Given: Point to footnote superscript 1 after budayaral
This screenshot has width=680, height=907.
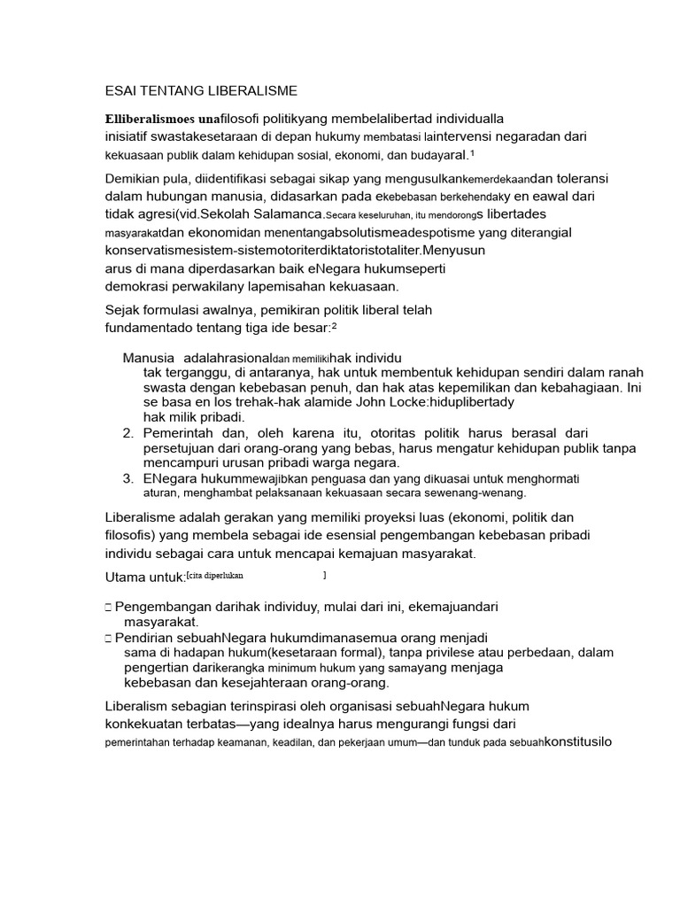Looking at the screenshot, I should click(473, 151).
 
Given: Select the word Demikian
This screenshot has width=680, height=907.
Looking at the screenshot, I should click(135, 178).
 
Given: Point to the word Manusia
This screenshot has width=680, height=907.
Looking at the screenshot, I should click(147, 358).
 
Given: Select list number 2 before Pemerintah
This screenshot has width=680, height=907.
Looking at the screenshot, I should click(127, 433).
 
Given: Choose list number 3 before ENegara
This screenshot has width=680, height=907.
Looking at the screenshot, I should click(127, 478).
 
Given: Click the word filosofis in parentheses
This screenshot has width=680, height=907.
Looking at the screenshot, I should click(134, 535).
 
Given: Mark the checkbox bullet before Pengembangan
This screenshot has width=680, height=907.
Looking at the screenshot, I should click(107, 608).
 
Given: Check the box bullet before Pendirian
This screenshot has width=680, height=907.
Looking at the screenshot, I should click(107, 638).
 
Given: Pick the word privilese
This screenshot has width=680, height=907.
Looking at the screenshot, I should click(431, 653).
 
